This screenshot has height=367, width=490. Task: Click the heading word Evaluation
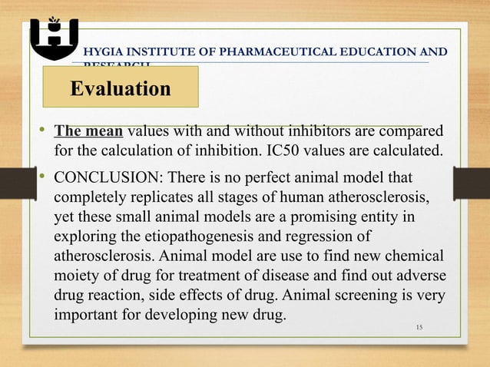[x=121, y=89]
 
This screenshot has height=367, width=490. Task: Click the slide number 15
[x=419, y=329]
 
